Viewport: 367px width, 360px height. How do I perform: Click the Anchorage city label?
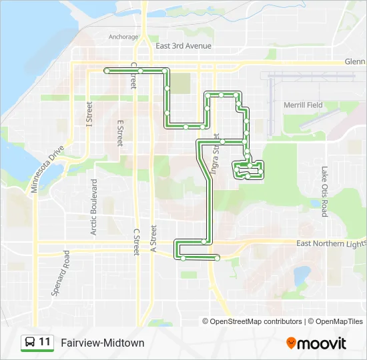tap(123, 37)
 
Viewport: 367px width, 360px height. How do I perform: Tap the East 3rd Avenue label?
tap(183, 46)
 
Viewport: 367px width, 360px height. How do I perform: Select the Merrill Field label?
tap(303, 105)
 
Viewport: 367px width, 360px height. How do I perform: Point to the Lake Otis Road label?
tap(324, 191)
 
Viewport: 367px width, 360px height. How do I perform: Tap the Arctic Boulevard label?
tap(94, 207)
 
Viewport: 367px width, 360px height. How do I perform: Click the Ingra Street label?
tap(215, 154)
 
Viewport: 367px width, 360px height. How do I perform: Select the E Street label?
tap(120, 133)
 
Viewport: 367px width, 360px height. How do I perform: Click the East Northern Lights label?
tap(331, 244)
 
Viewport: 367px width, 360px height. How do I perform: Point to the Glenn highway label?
tap(355, 61)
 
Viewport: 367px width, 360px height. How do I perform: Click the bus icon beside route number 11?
tap(30, 343)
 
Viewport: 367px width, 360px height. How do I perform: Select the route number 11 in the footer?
tap(45, 343)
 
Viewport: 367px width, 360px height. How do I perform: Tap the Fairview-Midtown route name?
tap(102, 343)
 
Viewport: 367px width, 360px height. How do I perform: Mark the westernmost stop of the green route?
tap(107, 70)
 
